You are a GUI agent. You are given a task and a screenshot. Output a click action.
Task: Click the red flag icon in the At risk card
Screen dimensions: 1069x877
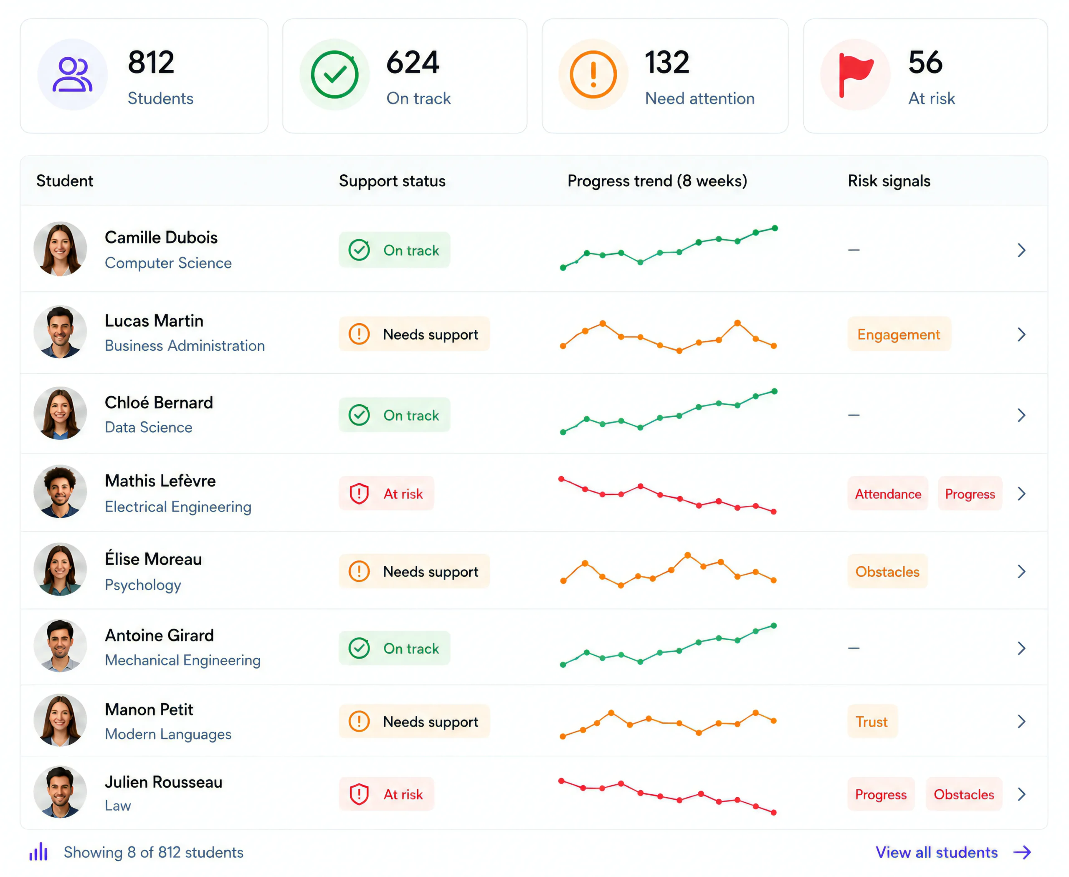(x=855, y=74)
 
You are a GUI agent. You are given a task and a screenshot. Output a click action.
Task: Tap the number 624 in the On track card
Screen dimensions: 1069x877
(x=412, y=63)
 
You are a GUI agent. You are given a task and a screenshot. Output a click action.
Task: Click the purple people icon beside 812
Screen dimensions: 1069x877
(x=72, y=74)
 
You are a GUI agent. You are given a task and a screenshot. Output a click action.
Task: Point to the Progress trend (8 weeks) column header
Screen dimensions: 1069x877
(x=657, y=181)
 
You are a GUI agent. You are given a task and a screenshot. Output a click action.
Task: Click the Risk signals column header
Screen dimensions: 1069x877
(x=889, y=181)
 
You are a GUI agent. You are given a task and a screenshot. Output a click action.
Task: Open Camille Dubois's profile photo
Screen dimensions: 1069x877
(x=60, y=248)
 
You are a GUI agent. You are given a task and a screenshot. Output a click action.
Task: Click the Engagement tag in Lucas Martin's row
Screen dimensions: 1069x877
(x=899, y=334)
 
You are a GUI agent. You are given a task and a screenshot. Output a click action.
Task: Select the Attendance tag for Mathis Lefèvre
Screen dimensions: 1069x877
(x=888, y=494)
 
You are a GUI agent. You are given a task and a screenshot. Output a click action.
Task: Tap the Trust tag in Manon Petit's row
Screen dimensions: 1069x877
(x=872, y=721)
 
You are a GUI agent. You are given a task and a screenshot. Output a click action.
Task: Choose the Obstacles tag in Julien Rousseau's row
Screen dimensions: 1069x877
(x=963, y=794)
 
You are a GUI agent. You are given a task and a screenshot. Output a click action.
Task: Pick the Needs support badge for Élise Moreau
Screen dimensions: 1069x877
(x=414, y=571)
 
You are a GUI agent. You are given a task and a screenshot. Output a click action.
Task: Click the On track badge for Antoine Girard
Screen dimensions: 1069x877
(x=395, y=648)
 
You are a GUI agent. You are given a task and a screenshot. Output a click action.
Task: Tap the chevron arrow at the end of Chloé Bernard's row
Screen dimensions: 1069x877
(x=1021, y=415)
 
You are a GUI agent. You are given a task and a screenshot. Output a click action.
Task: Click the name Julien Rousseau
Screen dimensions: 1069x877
(x=163, y=782)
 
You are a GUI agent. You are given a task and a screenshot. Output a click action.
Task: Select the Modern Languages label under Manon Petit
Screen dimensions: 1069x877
(x=168, y=734)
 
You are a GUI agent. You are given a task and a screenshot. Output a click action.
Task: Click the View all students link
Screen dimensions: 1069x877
(x=937, y=852)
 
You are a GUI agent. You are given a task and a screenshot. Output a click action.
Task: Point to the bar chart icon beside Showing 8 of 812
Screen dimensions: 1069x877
(x=38, y=852)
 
